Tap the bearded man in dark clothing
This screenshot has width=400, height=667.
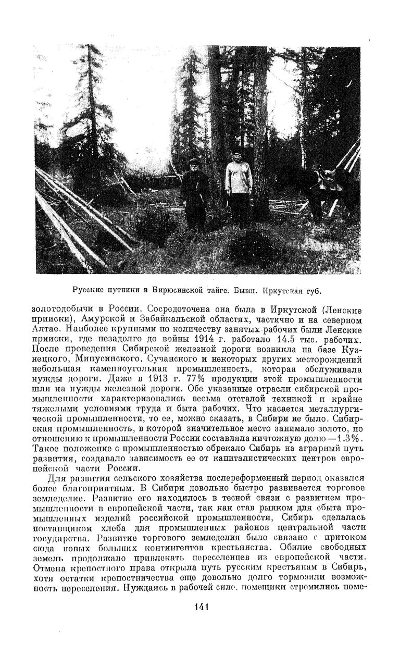[x=194, y=194]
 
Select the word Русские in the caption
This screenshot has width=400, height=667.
[x=86, y=290]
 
